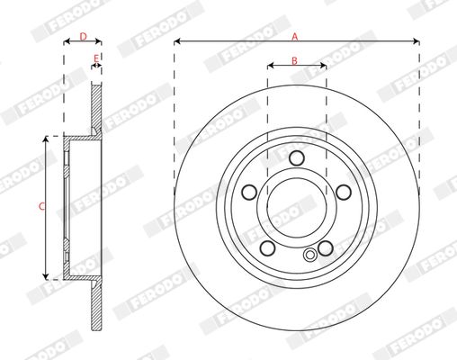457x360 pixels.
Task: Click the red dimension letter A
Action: [x=295, y=37]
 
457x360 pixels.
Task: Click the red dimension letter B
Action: [x=294, y=60]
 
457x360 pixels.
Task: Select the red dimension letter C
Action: [x=42, y=206]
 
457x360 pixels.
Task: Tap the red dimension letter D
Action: [x=84, y=37]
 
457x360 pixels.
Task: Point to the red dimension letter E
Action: [x=96, y=58]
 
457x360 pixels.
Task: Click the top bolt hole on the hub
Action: [x=297, y=158]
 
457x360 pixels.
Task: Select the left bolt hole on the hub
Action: [x=249, y=193]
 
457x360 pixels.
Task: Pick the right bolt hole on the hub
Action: [x=344, y=193]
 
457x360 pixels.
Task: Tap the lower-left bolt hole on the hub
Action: [x=267, y=248]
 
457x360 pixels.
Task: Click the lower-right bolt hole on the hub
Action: [x=326, y=248]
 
